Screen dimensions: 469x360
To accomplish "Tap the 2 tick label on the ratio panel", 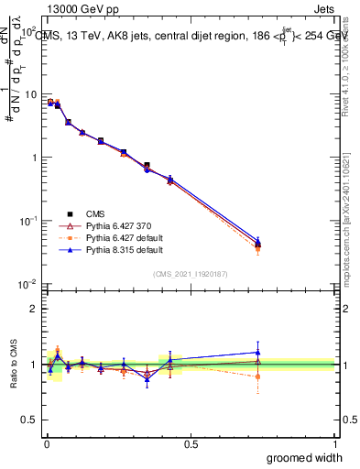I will point(32,309).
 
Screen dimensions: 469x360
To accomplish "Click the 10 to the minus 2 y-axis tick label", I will point(27,284).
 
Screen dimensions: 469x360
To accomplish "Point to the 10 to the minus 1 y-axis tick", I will point(27,221).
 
